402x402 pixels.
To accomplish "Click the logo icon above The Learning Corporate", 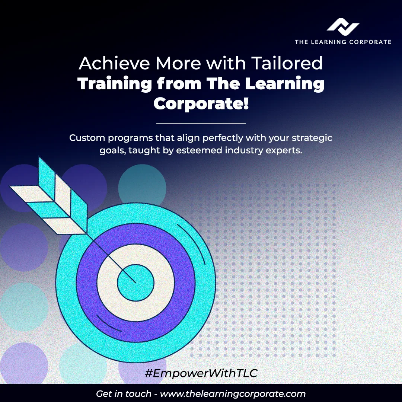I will point(343,27).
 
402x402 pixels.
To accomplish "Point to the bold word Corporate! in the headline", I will point(201,103).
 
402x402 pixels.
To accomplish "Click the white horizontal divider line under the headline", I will point(201,123).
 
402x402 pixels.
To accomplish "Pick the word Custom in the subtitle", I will point(87,138).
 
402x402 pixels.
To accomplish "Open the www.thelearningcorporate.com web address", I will point(232,394).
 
